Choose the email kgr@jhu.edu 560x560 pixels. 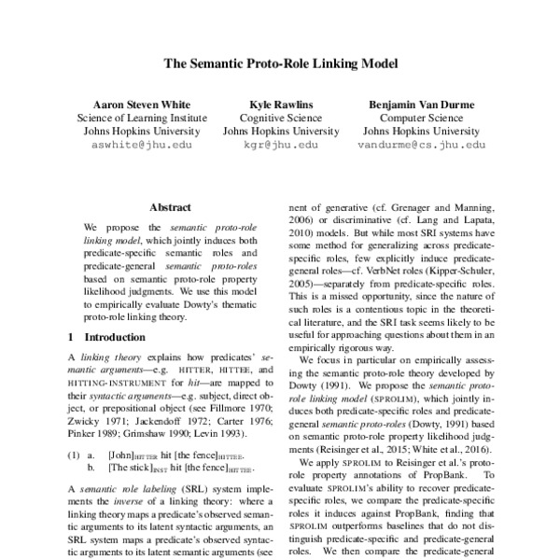point(280,147)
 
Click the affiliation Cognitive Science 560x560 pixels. point(280,118)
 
